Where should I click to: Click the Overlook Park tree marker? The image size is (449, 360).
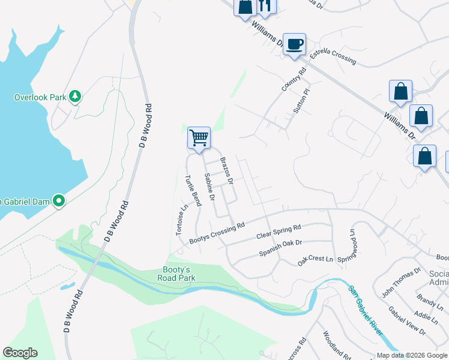click(x=75, y=96)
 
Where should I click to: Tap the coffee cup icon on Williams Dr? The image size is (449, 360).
click(x=294, y=44)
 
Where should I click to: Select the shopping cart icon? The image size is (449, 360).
click(x=199, y=138)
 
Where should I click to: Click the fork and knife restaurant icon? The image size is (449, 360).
click(x=265, y=6)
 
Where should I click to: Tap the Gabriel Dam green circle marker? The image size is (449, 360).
click(x=59, y=201)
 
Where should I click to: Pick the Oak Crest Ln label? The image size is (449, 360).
click(x=315, y=260)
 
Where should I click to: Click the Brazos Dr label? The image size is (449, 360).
click(x=226, y=170)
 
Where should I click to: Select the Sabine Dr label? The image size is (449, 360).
click(x=209, y=187)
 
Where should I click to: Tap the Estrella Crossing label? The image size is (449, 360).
click(x=333, y=57)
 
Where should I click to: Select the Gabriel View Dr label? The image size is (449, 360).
click(x=407, y=321)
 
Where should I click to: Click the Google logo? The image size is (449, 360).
click(x=20, y=353)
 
